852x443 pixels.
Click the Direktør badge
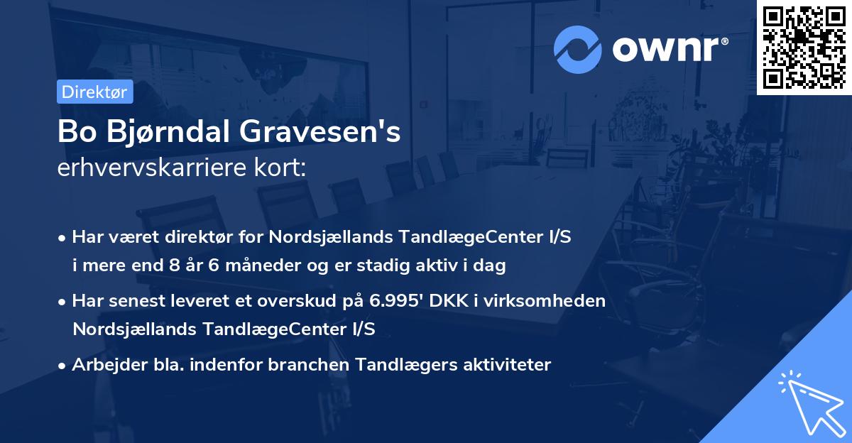(94, 92)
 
